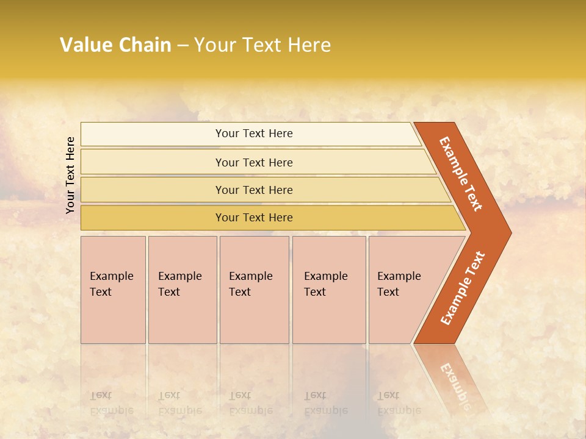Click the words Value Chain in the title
pyautogui.click(x=115, y=45)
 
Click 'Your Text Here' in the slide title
pyautogui.click(x=262, y=45)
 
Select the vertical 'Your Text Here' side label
pyautogui.click(x=70, y=175)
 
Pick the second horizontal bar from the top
pyautogui.click(x=253, y=162)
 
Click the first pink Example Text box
pyautogui.click(x=113, y=290)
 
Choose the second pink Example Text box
pyautogui.click(x=183, y=290)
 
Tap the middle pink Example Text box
pyautogui.click(x=254, y=290)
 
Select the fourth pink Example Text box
pyautogui.click(x=329, y=290)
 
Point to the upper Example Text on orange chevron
pyautogui.click(x=461, y=174)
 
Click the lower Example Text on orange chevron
pyautogui.click(x=462, y=288)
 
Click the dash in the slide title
pyautogui.click(x=183, y=46)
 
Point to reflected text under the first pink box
pyautogui.click(x=111, y=402)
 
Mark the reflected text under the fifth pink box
pyautogui.click(x=399, y=402)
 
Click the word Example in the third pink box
pyautogui.click(x=250, y=276)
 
